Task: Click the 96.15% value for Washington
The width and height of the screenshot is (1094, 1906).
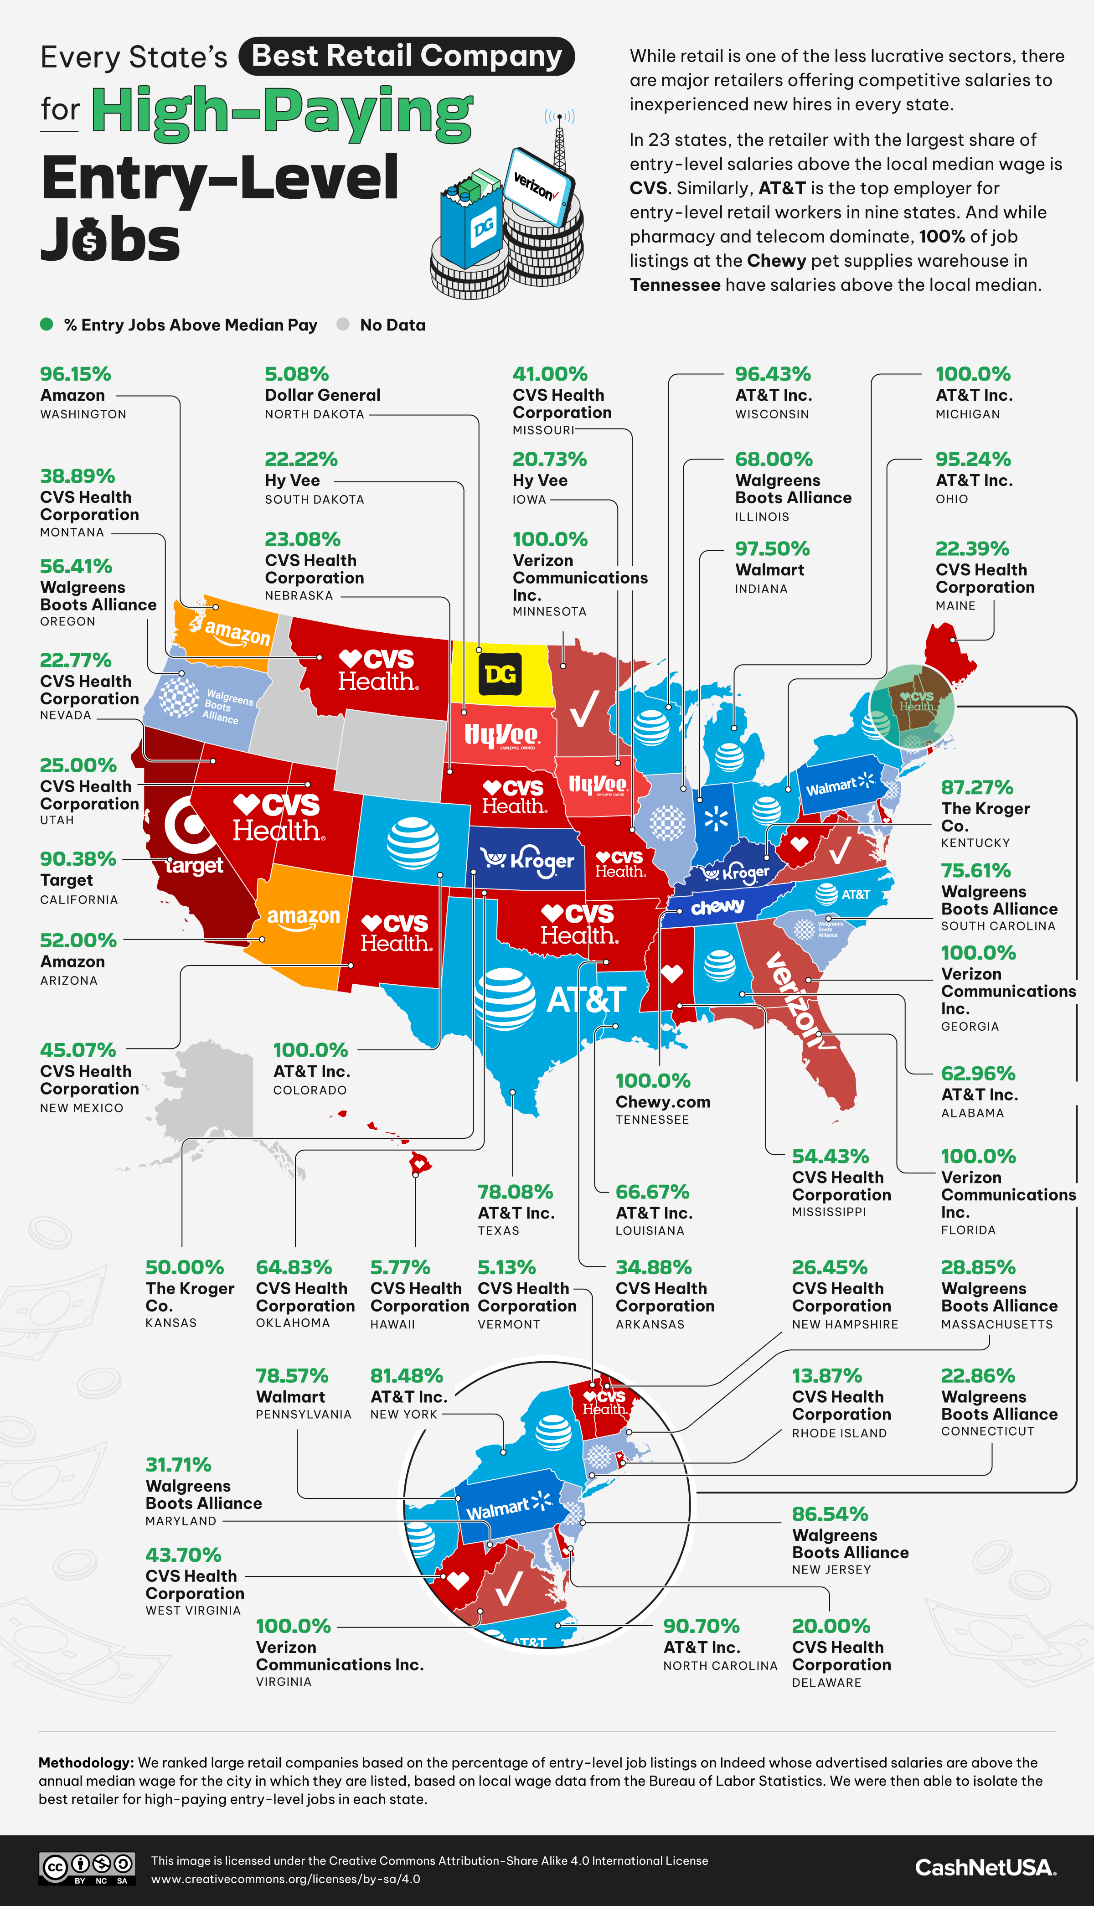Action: point(75,374)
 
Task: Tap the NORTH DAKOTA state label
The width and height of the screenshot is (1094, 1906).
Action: point(314,414)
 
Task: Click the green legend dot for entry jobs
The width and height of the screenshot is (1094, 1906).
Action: point(46,325)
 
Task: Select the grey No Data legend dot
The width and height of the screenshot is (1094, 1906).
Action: point(343,325)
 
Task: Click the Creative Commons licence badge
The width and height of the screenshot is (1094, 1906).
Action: point(87,1868)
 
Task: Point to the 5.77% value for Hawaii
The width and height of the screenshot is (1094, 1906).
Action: point(400,1267)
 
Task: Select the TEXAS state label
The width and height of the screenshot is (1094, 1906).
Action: point(498,1230)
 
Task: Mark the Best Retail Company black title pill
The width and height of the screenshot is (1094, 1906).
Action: point(407,57)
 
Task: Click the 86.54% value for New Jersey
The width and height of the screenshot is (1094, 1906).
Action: point(830,1514)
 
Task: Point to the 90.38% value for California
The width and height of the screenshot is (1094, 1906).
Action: point(77,859)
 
